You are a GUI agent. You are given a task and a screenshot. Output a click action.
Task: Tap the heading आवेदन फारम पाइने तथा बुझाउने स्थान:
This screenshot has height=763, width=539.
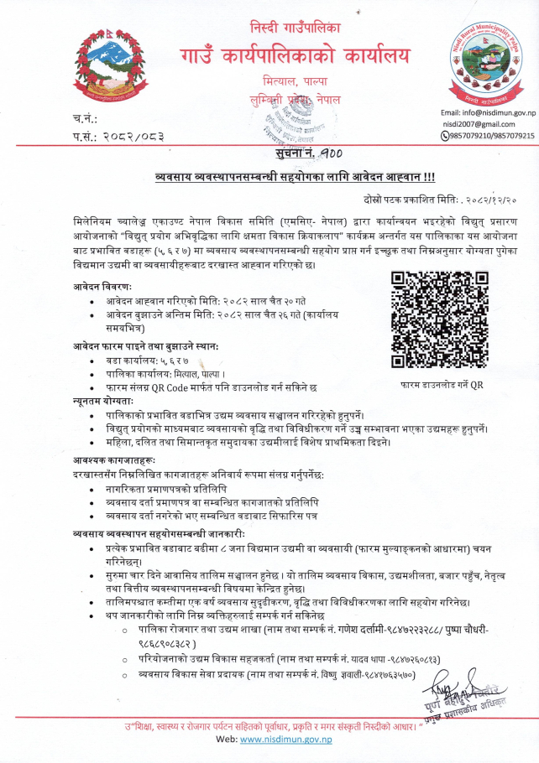click(144, 345)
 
